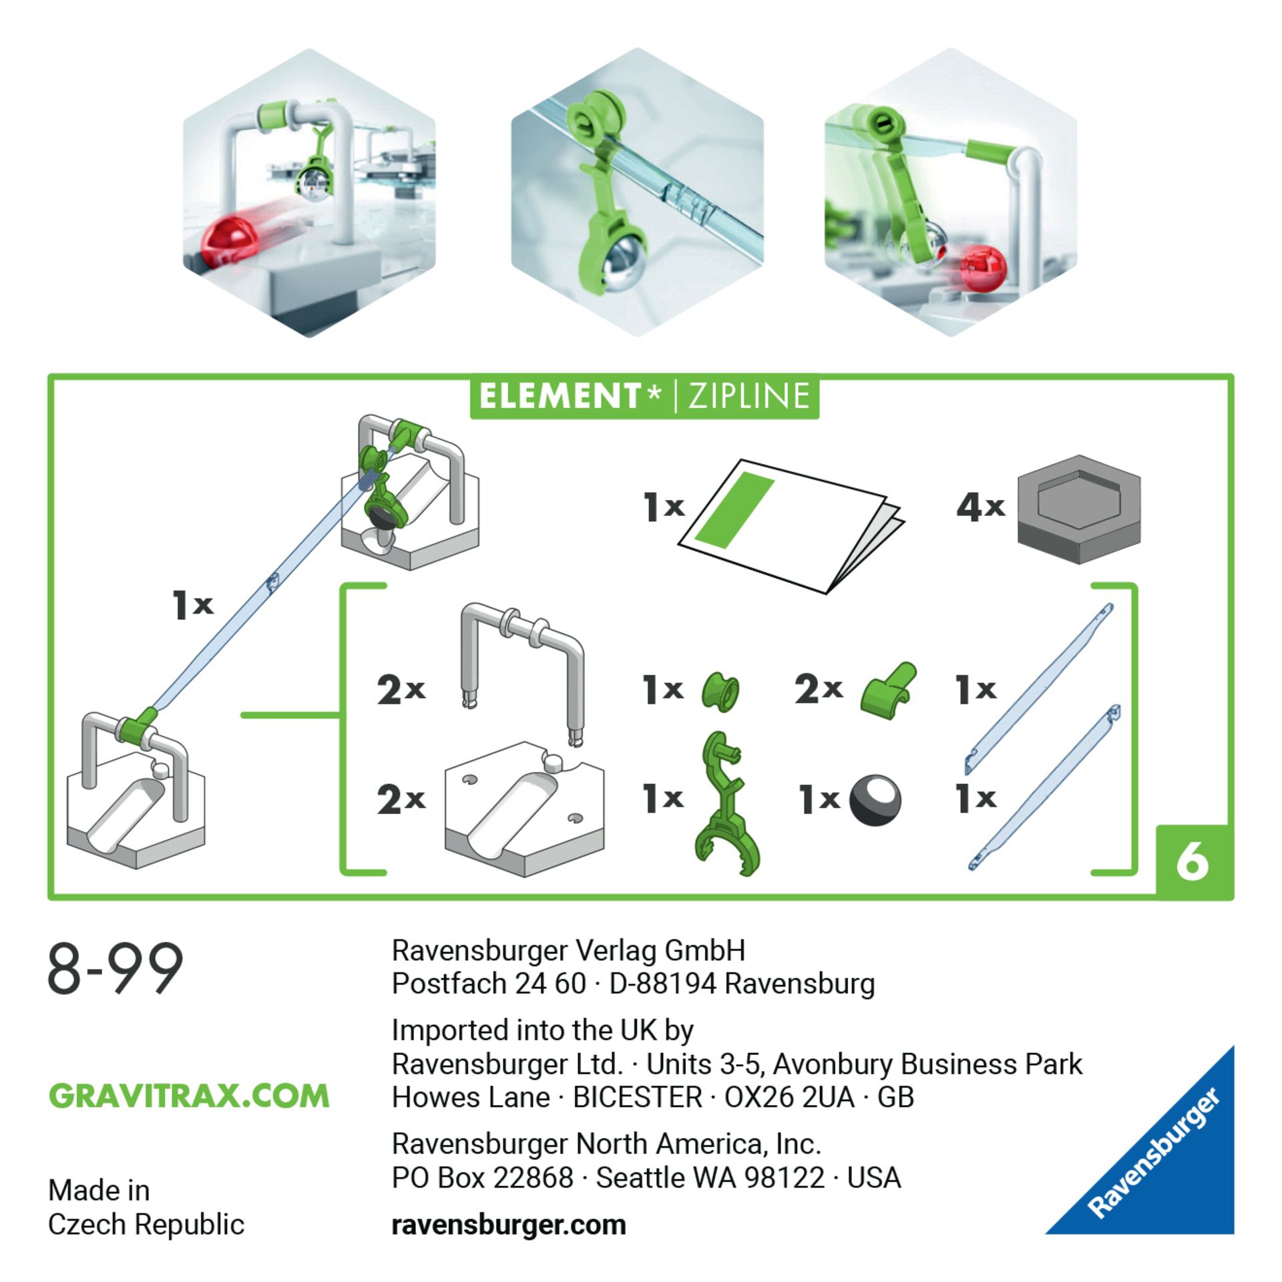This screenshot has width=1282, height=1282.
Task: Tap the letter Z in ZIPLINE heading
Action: point(698,396)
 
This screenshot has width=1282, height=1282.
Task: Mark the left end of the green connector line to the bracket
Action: point(242,715)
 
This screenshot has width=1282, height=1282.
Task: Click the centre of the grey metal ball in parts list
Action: point(875,799)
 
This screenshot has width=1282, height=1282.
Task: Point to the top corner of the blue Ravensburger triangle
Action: point(1233,1046)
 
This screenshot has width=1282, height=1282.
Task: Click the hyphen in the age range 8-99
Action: point(95,970)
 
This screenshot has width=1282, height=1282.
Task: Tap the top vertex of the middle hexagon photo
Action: point(638,48)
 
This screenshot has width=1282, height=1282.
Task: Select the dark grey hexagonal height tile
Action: point(1078,509)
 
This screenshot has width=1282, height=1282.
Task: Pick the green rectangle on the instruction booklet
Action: point(734,509)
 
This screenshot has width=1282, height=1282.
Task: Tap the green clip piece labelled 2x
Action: point(887,691)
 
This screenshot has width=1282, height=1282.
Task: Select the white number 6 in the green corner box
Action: point(1193,861)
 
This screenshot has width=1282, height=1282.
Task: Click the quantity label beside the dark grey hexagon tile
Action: point(980,507)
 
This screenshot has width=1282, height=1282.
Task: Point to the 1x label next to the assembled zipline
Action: point(193,604)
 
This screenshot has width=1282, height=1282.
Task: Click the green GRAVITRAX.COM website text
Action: point(189,1096)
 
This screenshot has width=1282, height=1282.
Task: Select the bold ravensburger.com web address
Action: point(509,1225)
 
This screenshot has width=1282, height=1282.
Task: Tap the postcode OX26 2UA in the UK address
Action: point(789,1097)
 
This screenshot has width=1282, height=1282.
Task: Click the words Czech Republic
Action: point(146,1225)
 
